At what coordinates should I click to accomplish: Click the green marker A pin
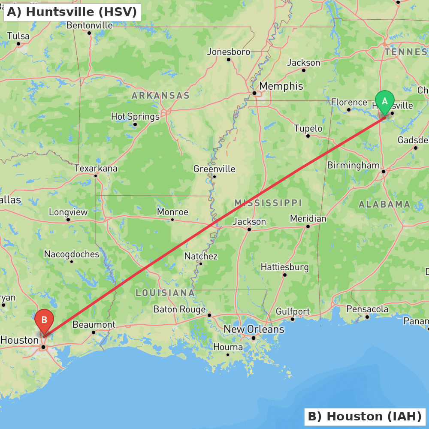385,102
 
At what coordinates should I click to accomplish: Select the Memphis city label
281,86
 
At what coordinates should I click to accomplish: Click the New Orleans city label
254,329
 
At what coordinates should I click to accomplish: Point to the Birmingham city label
353,166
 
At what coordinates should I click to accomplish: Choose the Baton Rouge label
179,309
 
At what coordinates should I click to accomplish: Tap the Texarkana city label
96,168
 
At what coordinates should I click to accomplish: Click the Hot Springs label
135,116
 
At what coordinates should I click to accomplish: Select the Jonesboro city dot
229,60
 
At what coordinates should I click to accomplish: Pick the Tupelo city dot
308,136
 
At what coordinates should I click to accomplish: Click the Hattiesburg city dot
284,275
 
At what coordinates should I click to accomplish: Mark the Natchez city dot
200,263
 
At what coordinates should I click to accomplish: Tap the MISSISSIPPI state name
268,203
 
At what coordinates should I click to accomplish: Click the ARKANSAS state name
160,96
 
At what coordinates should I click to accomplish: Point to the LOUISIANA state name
165,293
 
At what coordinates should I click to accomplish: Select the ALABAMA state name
384,205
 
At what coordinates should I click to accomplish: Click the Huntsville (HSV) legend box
72,12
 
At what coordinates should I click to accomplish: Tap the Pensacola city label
367,309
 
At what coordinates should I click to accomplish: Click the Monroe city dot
172,220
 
